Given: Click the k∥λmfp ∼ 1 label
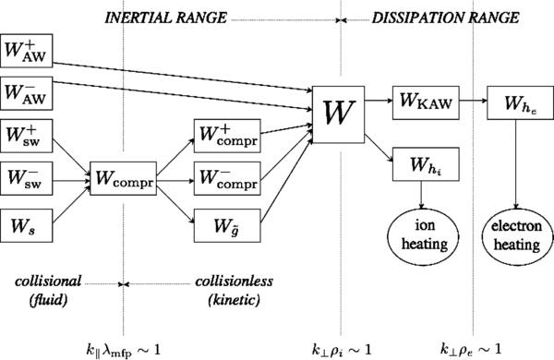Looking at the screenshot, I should pos(123,346).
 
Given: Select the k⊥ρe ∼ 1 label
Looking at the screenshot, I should pos(472,346).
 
